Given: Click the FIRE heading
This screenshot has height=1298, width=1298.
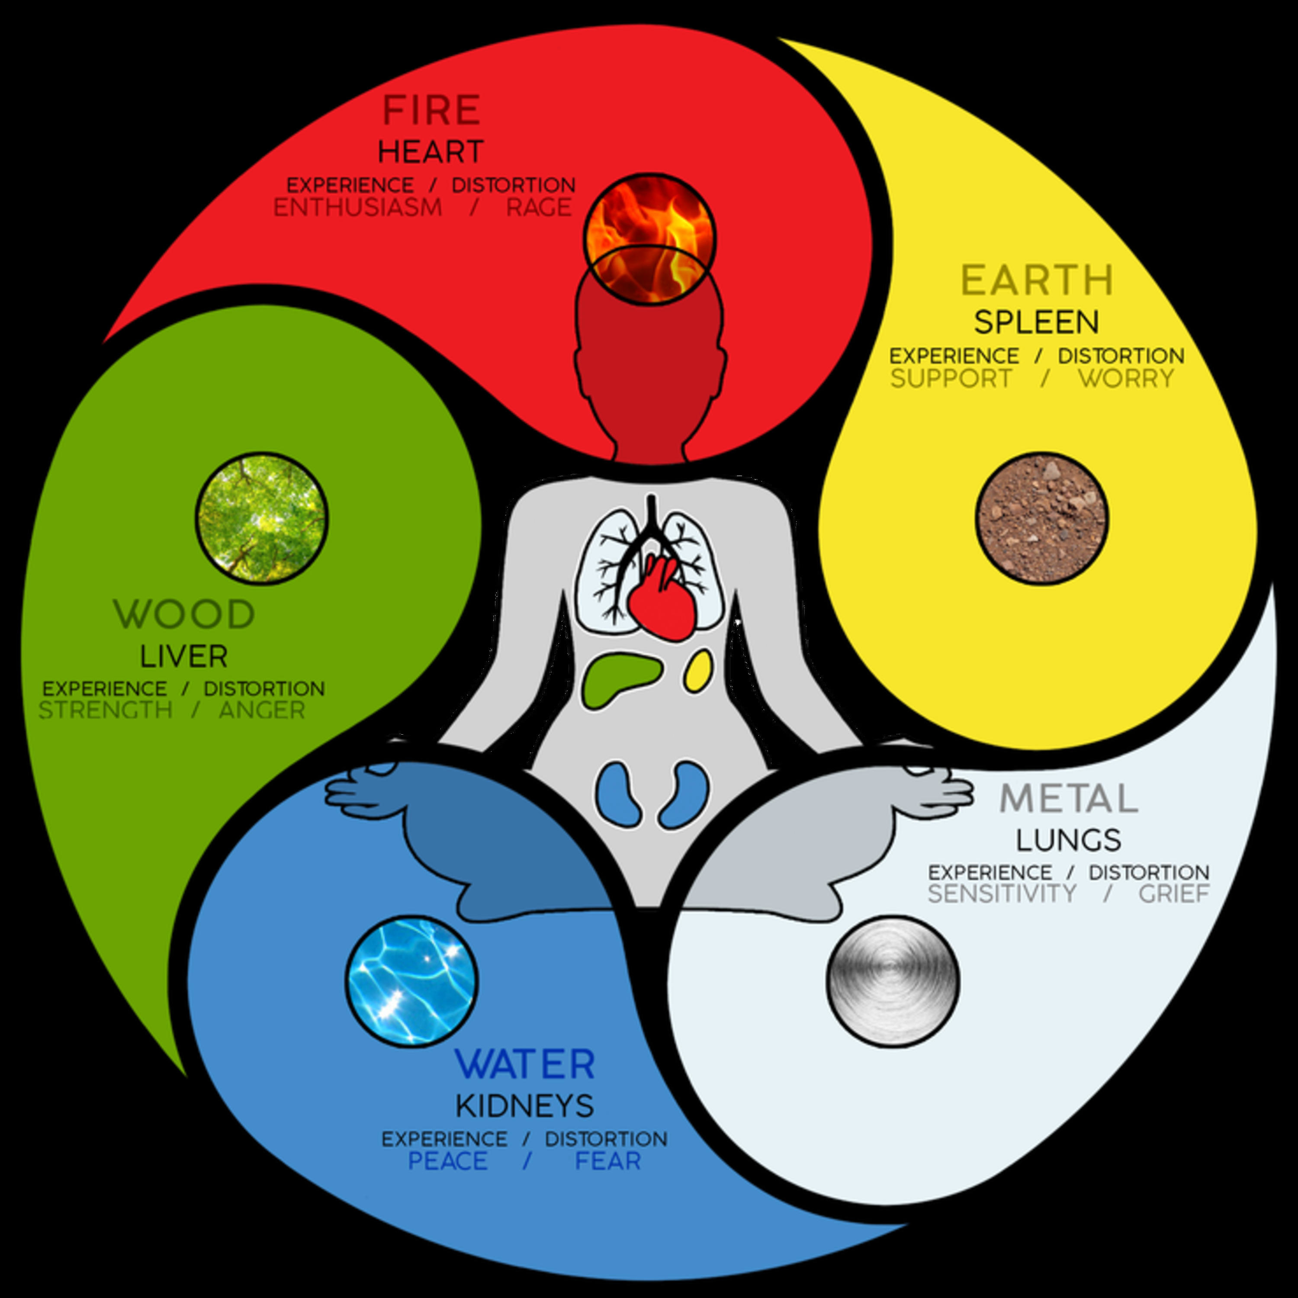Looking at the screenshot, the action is click(432, 110).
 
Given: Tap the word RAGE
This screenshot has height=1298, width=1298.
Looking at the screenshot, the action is click(539, 208).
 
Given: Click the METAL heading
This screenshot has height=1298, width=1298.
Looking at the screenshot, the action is click(1069, 799).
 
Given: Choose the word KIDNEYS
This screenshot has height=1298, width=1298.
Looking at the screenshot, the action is click(525, 1106).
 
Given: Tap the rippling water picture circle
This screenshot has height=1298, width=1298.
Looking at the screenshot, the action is click(412, 980).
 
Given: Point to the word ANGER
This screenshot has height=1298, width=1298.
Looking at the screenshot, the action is click(262, 710).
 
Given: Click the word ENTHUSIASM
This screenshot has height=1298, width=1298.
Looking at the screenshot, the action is click(357, 208).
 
